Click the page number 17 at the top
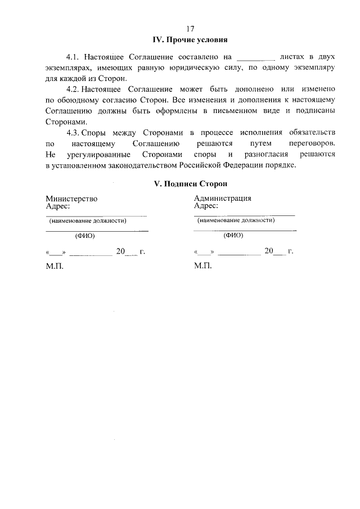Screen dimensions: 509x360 coord(190,29)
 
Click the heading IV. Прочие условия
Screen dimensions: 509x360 coord(190,40)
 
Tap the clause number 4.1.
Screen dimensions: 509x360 coord(74,57)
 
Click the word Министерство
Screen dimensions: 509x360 coord(71,199)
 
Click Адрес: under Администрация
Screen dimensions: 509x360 coord(206,206)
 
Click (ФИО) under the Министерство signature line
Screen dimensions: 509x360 coord(84,236)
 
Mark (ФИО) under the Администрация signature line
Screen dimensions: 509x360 coord(233,236)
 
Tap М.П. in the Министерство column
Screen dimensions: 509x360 coord(55,265)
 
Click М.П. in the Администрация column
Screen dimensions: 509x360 coord(202,265)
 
